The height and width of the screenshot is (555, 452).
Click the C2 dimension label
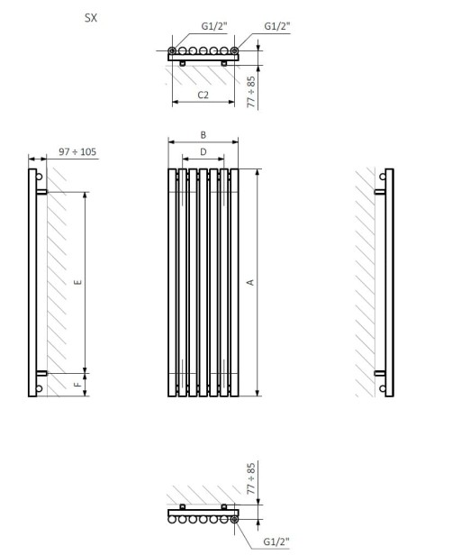[203, 94]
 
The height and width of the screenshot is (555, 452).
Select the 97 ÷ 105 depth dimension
[77, 151]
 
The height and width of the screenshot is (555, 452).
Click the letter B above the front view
[203, 135]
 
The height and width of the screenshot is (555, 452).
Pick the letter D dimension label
[203, 151]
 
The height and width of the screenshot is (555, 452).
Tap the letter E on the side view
[78, 282]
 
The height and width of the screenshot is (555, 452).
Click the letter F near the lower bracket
[78, 384]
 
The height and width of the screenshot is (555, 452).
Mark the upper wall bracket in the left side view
[42, 192]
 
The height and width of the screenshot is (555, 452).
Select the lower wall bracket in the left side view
[42, 371]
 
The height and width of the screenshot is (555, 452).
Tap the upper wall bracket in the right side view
[380, 192]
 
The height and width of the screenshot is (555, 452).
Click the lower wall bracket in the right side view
[380, 371]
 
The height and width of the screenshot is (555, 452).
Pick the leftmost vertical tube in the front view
[171, 282]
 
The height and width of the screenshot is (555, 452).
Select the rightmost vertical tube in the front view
[234, 282]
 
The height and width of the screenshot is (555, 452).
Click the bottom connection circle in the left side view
[39, 389]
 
